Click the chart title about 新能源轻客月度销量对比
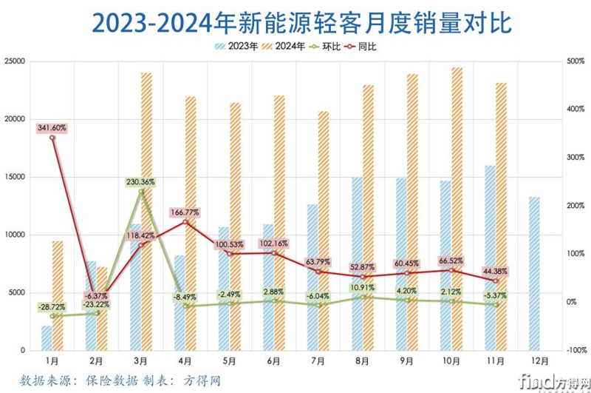pyautogui.click(x=295, y=22)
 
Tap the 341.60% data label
pyautogui.click(x=52, y=127)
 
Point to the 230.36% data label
pyautogui.click(x=141, y=181)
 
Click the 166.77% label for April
pyautogui.click(x=185, y=212)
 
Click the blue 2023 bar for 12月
pyautogui.click(x=534, y=273)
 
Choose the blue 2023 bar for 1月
pyautogui.click(x=47, y=337)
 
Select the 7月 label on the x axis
pyautogui.click(x=318, y=360)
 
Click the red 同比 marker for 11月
pyautogui.click(x=496, y=281)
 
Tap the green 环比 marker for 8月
pyautogui.click(x=363, y=298)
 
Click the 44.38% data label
pyautogui.click(x=496, y=270)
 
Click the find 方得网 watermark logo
pyautogui.click(x=546, y=381)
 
